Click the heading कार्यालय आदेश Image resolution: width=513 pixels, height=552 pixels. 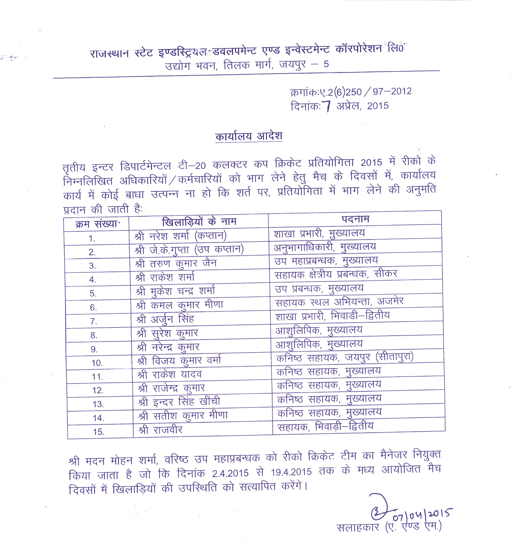(248, 136)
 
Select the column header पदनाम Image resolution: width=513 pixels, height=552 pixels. (355, 219)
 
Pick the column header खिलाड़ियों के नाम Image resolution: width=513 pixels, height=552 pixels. (199, 222)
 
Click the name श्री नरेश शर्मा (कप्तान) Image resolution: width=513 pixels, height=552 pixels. (181, 236)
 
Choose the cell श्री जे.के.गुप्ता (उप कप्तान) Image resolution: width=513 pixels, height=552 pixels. (189, 250)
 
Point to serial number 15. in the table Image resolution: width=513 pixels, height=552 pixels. (98, 432)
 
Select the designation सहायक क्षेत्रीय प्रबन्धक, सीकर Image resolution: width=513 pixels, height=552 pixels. (336, 274)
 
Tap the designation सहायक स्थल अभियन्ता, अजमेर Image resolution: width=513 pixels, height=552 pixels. (339, 302)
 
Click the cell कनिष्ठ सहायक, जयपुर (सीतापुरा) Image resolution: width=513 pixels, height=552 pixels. (344, 358)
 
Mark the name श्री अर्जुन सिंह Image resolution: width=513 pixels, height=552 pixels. (165, 319)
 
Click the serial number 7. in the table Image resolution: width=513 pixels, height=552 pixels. (94, 322)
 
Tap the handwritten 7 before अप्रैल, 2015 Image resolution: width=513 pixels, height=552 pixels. (327, 106)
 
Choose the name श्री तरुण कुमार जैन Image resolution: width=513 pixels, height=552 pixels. (176, 263)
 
